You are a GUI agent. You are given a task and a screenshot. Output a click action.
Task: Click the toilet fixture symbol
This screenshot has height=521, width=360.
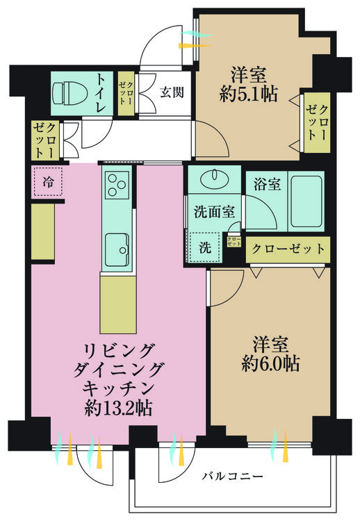69,93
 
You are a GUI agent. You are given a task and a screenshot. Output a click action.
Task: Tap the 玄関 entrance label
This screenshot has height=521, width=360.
172,92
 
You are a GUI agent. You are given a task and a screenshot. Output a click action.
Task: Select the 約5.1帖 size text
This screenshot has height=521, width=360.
248,94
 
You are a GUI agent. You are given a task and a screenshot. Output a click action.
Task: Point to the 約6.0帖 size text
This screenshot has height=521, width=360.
270,363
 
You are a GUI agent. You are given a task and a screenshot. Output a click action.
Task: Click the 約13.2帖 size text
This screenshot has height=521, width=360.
118,408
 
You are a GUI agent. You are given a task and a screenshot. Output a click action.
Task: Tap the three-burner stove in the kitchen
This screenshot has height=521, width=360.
117,185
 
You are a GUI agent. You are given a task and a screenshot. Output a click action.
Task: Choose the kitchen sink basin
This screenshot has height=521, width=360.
117,249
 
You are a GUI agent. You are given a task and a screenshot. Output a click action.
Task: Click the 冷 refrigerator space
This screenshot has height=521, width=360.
48,181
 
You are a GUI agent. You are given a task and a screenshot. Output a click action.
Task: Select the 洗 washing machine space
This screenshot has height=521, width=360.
205,247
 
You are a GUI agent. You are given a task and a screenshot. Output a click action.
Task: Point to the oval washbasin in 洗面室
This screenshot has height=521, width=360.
215,178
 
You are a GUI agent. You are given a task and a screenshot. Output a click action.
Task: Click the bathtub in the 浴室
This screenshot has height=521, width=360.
306,201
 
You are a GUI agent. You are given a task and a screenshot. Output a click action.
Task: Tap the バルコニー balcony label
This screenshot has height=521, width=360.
233,477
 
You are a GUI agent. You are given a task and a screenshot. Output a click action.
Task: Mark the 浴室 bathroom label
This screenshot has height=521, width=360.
267,184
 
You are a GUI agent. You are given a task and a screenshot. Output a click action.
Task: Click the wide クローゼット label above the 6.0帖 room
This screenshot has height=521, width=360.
288,249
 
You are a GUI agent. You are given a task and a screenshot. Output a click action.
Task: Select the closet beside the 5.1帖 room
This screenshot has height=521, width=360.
318,122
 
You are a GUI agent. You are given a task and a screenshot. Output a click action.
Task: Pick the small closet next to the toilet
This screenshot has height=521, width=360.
126,93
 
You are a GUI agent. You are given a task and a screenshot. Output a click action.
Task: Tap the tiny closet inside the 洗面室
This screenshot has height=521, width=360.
234,241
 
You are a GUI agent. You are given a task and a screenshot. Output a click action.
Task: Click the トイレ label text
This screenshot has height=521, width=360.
101,94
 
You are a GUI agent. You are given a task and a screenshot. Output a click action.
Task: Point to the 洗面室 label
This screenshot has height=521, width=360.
215,212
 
